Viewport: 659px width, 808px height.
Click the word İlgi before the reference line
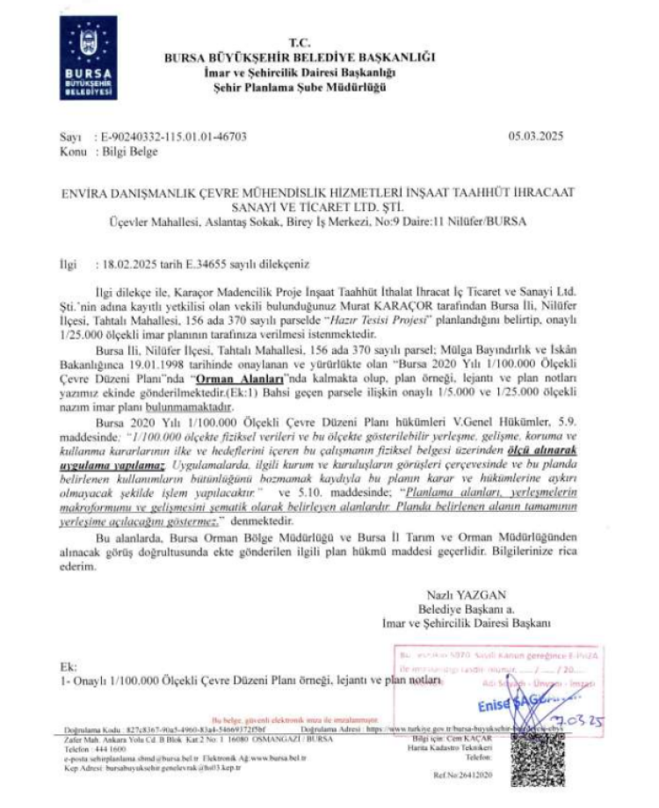click(x=67, y=262)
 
